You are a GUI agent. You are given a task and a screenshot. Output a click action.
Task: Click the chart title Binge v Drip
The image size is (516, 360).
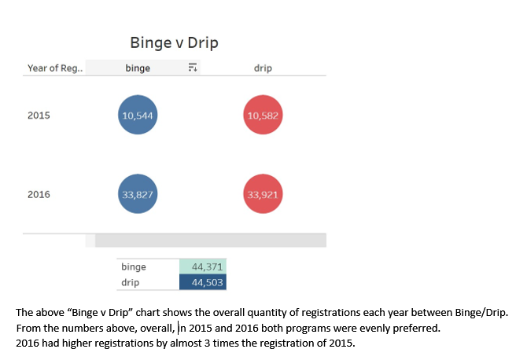[174, 42]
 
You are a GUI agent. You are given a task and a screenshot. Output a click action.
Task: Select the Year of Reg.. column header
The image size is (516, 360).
[55, 68]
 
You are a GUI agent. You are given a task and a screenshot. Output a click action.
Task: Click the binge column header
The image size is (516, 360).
[138, 68]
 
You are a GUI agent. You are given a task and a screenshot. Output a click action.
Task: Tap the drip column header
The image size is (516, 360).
[263, 68]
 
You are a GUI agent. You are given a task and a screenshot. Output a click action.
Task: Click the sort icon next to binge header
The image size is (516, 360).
[191, 68]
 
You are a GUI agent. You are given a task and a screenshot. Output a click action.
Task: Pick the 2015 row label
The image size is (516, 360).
[39, 116]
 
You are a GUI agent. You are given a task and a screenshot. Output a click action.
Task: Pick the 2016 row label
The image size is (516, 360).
[39, 194]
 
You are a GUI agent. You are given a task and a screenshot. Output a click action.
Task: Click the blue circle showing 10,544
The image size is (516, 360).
[138, 116]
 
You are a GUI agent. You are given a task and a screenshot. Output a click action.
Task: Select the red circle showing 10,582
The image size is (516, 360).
[263, 116]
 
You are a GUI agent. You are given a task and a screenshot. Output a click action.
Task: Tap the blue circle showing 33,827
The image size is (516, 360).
[138, 194]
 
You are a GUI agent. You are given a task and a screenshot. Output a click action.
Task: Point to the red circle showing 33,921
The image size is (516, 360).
[263, 194]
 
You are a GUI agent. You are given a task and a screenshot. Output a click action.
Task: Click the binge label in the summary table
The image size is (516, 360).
[134, 267]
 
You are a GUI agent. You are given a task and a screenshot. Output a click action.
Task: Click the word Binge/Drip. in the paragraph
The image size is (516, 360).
[481, 312]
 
